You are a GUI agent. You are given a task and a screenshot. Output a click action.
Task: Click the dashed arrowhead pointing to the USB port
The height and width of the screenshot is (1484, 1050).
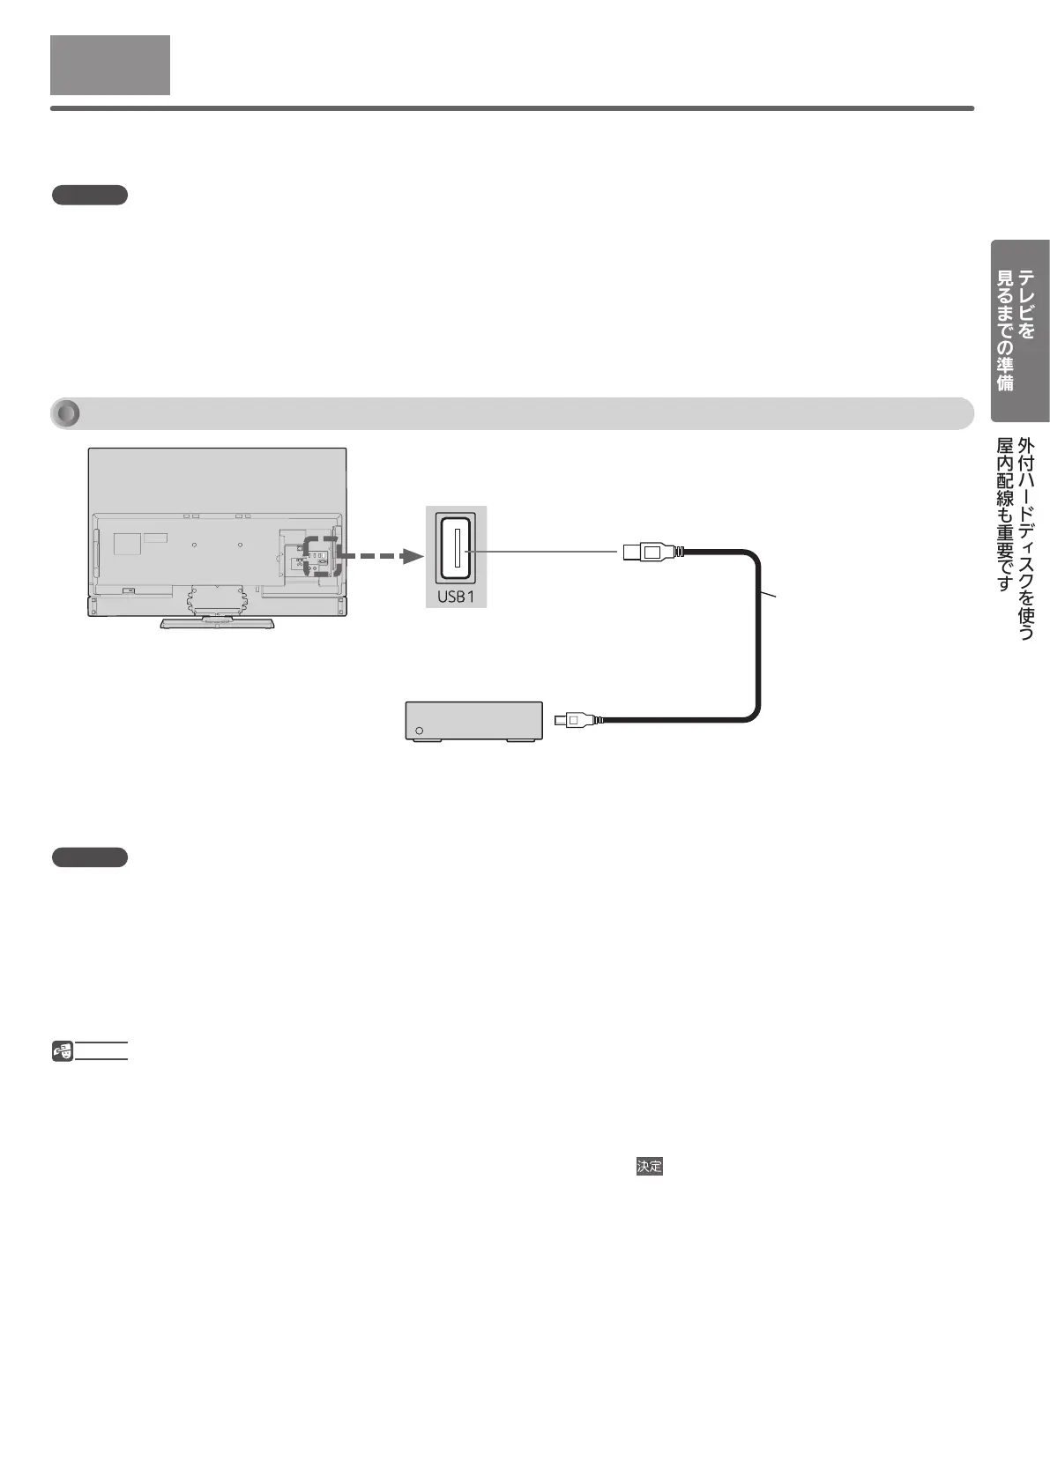tap(407, 556)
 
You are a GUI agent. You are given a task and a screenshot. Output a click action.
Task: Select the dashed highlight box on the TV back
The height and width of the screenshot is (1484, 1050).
tap(321, 556)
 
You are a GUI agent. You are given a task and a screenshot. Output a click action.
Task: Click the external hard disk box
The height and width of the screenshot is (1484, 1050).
tap(473, 721)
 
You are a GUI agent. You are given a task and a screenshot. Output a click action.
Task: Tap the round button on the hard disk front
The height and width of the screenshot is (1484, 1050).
tap(419, 731)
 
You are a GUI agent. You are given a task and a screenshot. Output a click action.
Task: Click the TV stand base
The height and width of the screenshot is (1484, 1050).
tap(217, 623)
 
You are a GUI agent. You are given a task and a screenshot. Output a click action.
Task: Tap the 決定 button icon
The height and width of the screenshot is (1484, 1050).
tap(650, 1166)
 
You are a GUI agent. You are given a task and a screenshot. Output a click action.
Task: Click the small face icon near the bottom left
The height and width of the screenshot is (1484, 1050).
tap(63, 1050)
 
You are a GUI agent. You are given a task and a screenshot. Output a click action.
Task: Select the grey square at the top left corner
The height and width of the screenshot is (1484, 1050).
tap(110, 64)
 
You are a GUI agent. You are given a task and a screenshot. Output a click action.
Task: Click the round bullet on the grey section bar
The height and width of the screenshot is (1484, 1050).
tap(67, 413)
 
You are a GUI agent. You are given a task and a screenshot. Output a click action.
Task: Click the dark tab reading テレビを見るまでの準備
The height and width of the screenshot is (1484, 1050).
tap(1019, 330)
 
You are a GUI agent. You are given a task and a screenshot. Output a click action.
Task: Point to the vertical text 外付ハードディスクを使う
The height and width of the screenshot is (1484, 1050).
tap(1026, 538)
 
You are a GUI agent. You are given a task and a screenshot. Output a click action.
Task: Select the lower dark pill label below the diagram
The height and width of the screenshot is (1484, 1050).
tap(90, 857)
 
